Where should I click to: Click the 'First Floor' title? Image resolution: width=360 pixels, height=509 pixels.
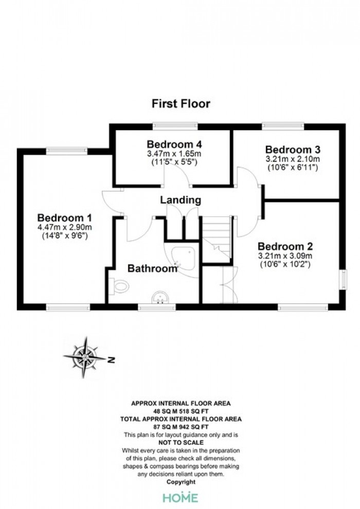pos(181,103)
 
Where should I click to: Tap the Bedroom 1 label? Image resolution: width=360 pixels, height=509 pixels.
pos(65,217)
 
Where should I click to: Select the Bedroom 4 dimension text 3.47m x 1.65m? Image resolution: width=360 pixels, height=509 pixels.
pos(174,153)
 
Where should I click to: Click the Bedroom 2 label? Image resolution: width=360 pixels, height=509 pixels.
pos(285,246)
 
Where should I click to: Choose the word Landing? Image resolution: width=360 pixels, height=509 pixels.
pos(181,200)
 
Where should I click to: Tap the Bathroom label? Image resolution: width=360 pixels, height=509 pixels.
pos(152,268)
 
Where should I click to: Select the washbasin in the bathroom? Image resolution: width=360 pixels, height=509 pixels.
pos(160,298)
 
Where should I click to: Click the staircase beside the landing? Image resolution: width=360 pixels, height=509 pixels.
pos(217,240)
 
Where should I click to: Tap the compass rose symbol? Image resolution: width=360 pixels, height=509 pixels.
pos(84,357)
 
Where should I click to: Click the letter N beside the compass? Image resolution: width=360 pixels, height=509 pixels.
pos(112,360)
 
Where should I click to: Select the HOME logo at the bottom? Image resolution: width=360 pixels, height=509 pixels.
pos(181,498)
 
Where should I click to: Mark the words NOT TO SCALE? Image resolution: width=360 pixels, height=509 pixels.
pos(181,443)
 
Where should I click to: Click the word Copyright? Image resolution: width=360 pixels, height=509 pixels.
pos(181,482)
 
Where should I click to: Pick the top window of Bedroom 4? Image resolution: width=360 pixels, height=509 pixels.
pos(175,126)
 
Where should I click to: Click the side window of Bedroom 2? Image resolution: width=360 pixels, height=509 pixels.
pos(343,280)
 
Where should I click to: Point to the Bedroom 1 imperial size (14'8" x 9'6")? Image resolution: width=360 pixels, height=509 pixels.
pos(65,236)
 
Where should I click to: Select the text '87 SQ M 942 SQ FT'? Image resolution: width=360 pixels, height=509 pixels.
pos(181,427)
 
